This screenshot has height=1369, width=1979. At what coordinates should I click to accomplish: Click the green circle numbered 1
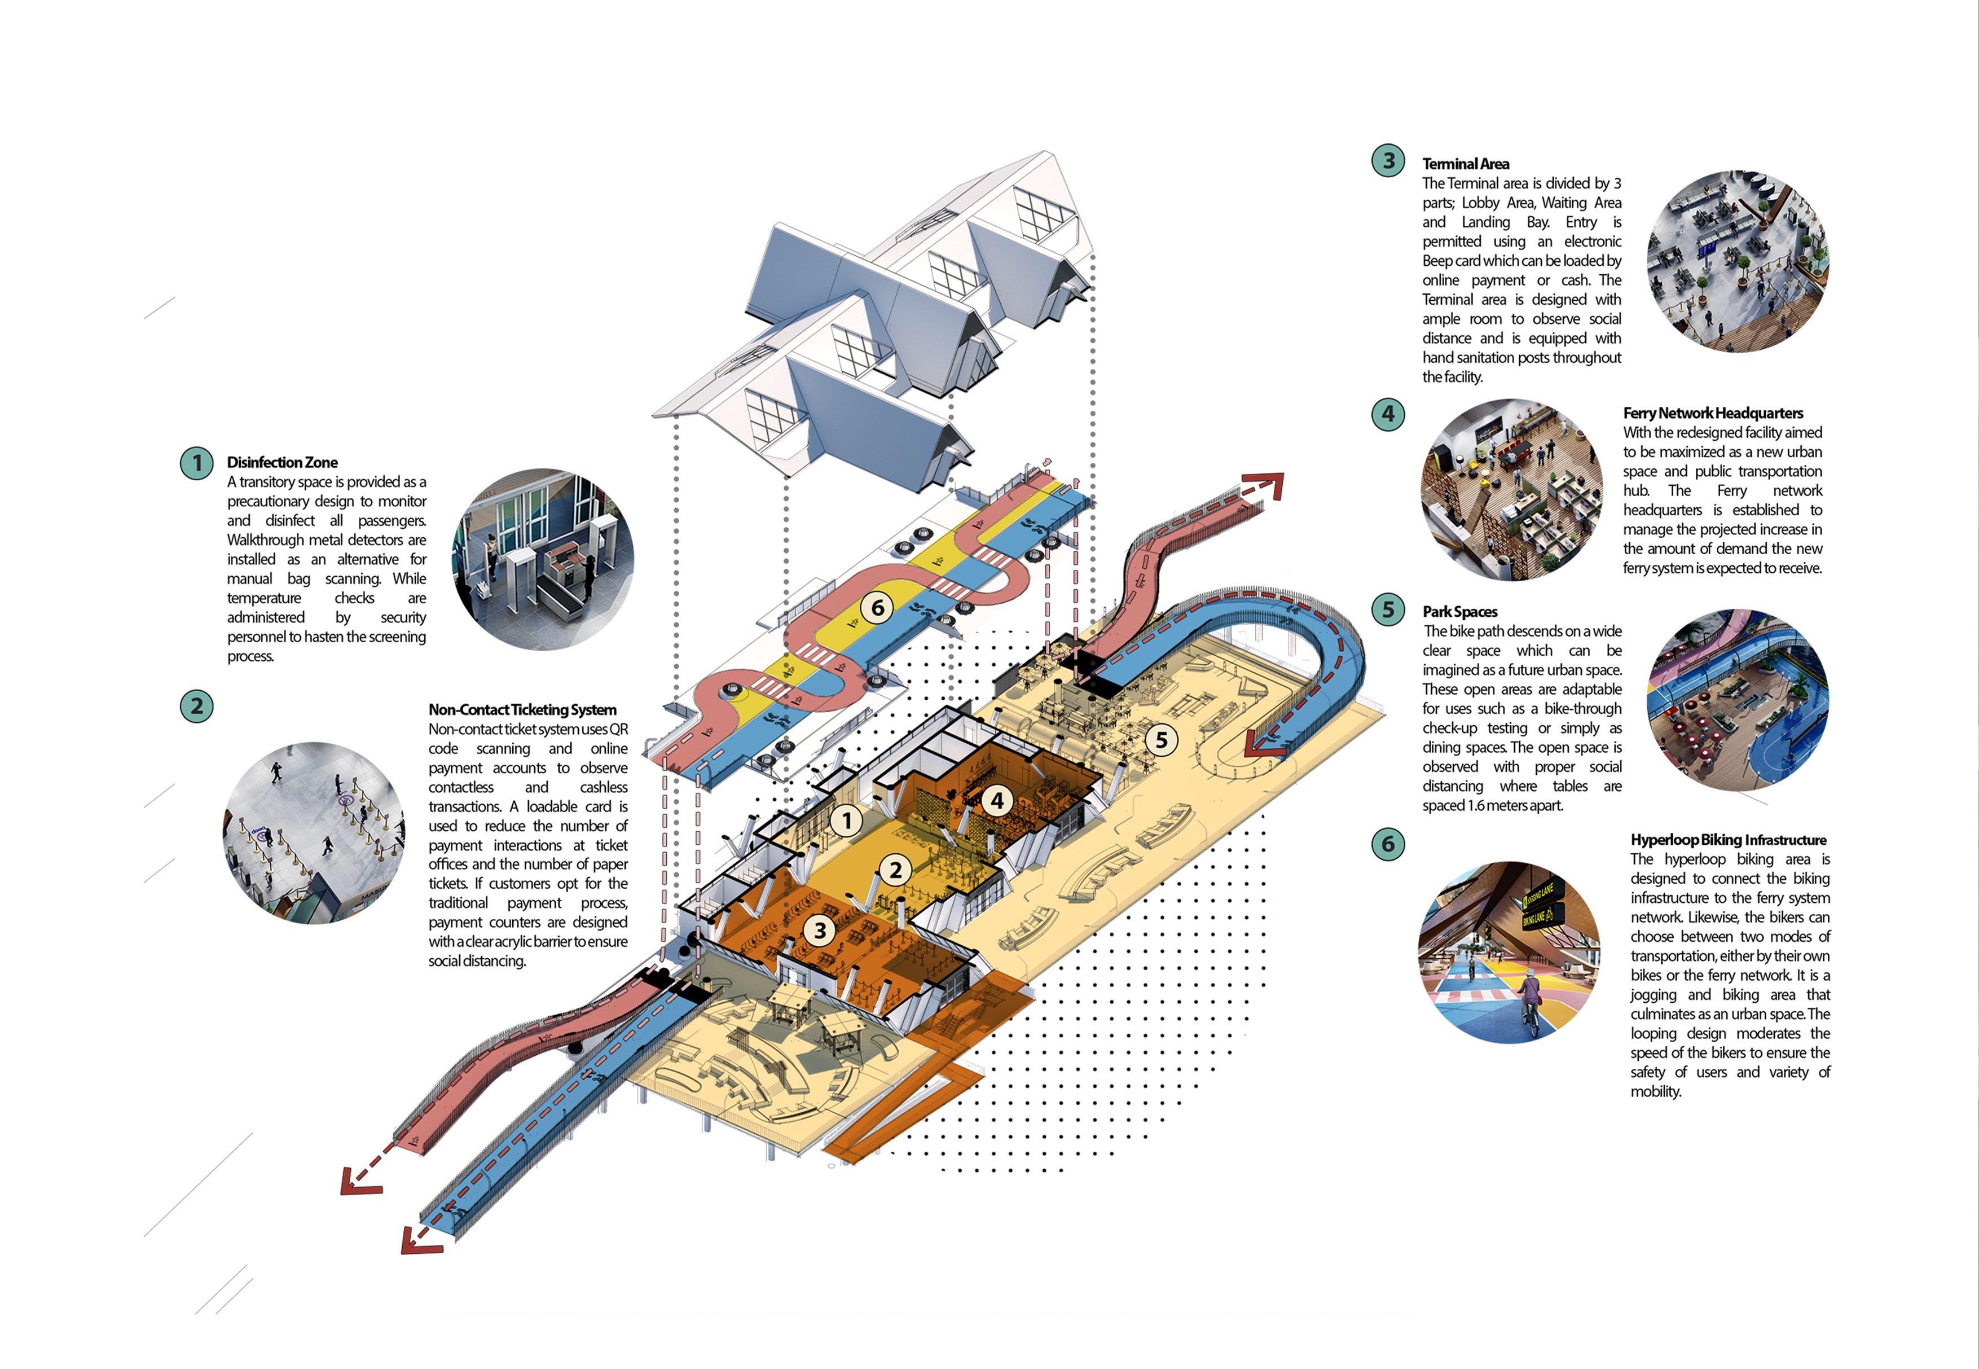pos(196,463)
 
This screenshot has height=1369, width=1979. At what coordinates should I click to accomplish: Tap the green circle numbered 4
pos(1387,414)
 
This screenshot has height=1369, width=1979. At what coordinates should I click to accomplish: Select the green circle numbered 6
pos(1387,844)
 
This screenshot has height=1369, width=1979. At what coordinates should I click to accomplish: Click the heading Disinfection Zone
pos(282,462)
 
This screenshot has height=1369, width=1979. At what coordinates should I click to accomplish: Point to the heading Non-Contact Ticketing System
pos(522,709)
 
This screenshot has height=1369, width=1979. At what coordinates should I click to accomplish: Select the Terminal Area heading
pos(1466,164)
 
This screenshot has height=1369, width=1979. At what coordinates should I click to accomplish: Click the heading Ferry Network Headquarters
pos(1712,413)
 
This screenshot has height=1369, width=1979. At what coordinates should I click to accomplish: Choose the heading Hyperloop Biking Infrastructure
pos(1728,840)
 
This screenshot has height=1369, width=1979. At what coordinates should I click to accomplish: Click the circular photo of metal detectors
pos(543,559)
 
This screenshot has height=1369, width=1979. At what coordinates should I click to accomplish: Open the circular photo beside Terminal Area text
pos(1737,261)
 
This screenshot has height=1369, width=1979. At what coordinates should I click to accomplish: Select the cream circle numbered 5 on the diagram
pos(1161,739)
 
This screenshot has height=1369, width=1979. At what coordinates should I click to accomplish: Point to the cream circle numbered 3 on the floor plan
pos(820,930)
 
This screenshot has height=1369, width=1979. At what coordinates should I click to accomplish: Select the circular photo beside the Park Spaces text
pos(1737,699)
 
